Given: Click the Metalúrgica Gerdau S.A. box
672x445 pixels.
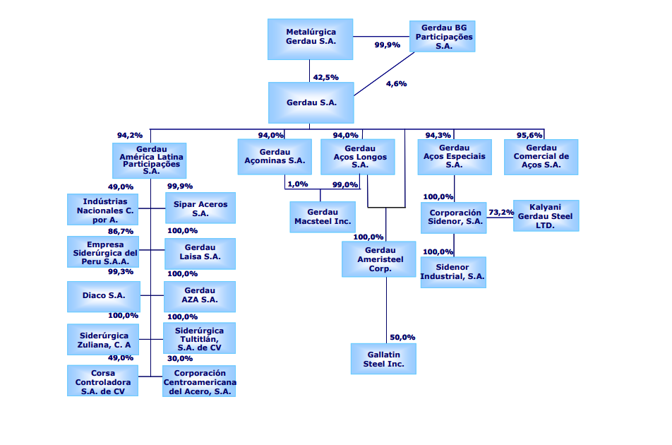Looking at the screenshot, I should point(311,39).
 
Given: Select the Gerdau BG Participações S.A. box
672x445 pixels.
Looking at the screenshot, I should point(443,36).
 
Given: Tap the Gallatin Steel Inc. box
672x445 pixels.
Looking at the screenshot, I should point(384,358).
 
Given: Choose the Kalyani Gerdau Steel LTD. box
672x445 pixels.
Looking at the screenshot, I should point(546,215).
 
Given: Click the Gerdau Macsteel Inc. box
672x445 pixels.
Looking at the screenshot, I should point(322,217).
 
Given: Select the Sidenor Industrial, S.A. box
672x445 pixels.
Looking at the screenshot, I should point(453,271).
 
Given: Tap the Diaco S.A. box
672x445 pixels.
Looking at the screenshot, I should point(103,296).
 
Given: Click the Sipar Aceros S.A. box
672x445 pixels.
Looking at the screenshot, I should point(200,208).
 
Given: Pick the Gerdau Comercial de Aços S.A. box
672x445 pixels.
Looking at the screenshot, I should point(541,156).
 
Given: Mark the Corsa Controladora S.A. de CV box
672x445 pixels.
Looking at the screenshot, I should point(103,381).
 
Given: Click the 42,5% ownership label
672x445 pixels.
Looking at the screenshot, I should point(325,77).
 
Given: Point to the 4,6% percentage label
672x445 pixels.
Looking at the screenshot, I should point(396,83).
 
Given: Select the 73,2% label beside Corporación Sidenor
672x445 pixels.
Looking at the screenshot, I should point(501,212).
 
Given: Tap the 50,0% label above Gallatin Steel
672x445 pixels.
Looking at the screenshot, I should point(402,337).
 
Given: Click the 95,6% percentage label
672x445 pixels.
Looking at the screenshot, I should point(529,135).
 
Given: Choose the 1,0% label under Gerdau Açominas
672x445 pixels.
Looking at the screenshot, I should point(298,184).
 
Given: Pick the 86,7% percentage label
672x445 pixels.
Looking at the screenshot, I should point(121,231).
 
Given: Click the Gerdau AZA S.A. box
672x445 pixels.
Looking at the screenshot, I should point(200,295).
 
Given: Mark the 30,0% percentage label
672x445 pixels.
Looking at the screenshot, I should point(180,358).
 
